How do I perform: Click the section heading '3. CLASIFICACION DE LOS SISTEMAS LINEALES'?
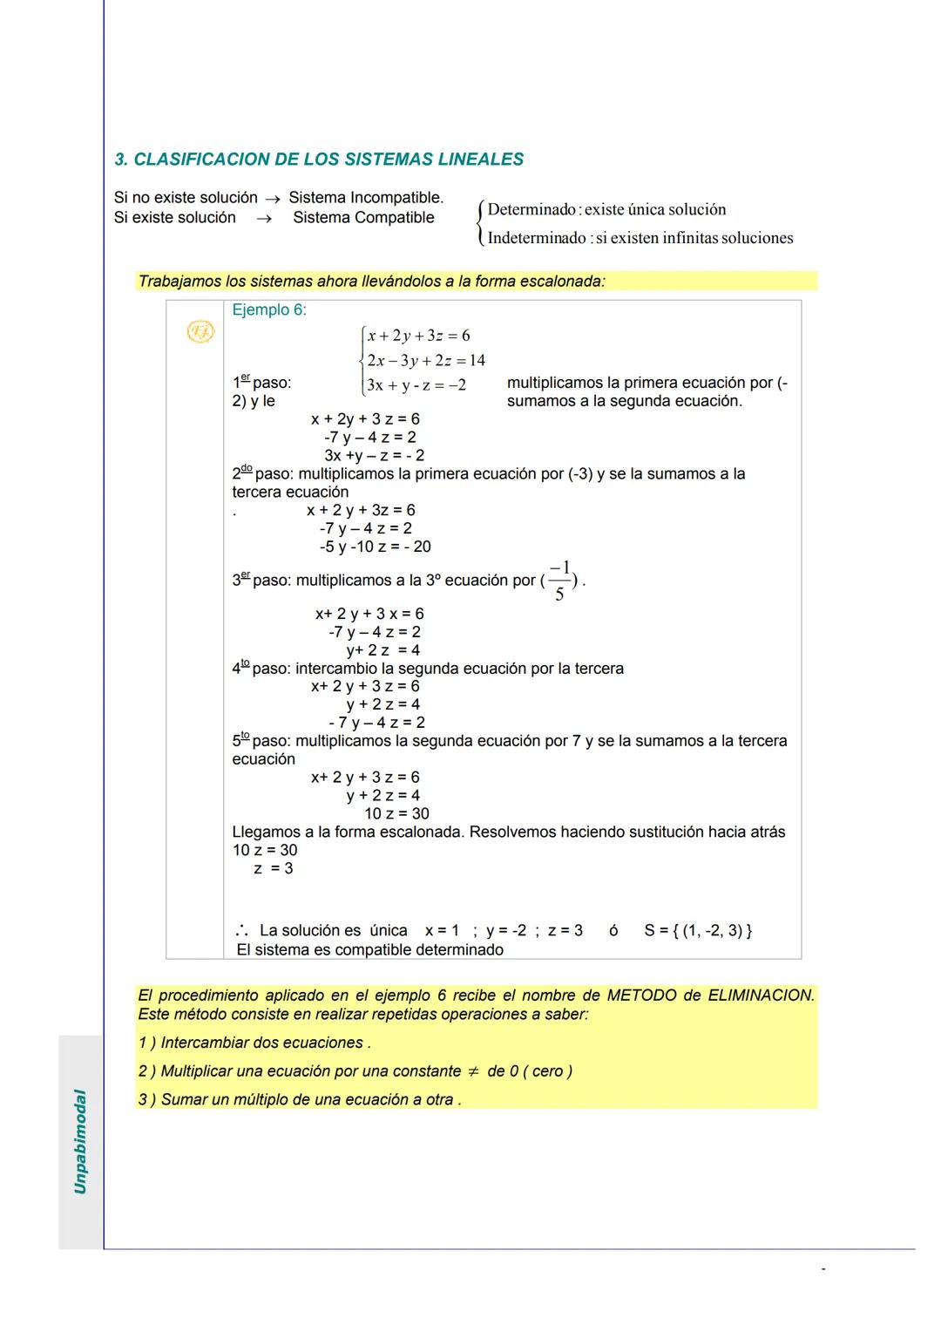pos(319,160)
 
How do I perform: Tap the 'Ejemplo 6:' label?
pos(268,310)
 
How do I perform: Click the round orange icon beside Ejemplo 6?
pos(200,331)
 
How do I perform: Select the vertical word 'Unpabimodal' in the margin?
pos(80,1141)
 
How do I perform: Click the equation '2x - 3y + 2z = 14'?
pos(425,360)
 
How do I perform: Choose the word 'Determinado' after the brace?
pos(531,210)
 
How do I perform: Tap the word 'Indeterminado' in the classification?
pos(537,238)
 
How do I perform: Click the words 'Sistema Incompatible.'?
pos(366,198)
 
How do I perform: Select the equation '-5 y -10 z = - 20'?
pos(375,547)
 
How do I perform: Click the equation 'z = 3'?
pos(273,868)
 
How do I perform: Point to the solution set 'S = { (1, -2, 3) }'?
pos(698,930)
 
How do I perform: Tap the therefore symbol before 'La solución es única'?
pos(241,930)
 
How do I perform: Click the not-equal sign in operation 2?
pos(474,1071)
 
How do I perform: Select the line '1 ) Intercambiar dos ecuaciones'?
pos(254,1043)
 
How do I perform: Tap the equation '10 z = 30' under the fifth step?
pos(396,813)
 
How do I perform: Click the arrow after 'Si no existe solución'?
pos(273,199)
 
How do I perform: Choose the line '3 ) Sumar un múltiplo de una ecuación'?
pos(299,1099)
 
